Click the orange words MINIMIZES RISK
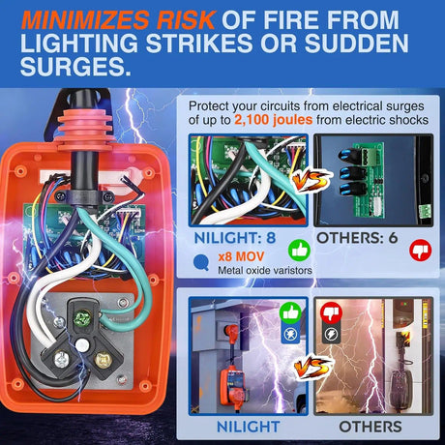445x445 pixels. [x=118, y=20]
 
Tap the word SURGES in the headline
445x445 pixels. [x=75, y=66]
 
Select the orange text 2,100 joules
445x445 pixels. [x=273, y=120]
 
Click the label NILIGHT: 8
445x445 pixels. [x=235, y=238]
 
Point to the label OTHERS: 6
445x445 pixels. [x=357, y=238]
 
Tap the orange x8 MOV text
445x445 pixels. [x=241, y=256]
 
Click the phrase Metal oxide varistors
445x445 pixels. [x=265, y=270]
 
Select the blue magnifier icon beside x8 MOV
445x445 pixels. [x=201, y=262]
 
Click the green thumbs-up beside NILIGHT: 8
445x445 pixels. [x=299, y=251]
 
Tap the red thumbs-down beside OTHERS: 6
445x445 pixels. [x=421, y=251]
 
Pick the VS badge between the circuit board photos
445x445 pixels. [x=311, y=180]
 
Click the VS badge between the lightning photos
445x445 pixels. [x=312, y=367]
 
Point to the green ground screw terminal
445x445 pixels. [x=81, y=318]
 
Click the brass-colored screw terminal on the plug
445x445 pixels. [x=103, y=359]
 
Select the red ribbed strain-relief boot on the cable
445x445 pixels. [x=85, y=130]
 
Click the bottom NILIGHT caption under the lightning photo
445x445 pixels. [x=248, y=427]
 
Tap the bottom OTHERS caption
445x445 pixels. [x=371, y=427]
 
